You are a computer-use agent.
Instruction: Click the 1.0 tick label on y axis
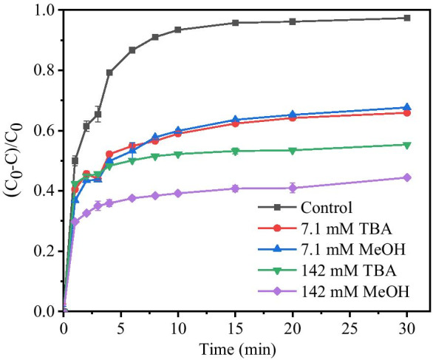click(x=43, y=10)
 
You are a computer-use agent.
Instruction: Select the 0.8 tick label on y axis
click(x=43, y=70)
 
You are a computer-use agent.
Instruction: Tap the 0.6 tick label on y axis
click(x=43, y=131)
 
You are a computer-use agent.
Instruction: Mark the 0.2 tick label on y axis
click(x=43, y=251)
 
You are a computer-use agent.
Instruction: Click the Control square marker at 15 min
click(x=235, y=23)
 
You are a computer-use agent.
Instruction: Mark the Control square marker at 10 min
click(x=178, y=30)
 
